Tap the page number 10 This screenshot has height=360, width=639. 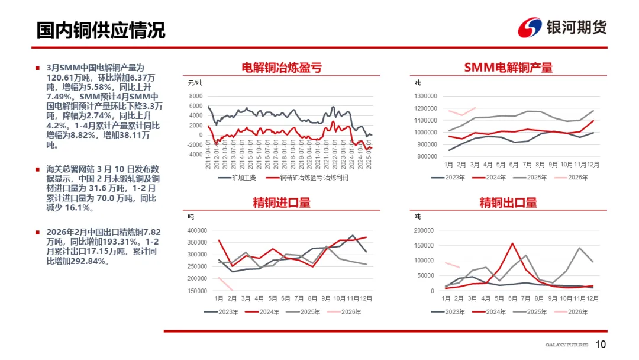click(x=601, y=345)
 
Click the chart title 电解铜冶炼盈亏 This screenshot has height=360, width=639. click(x=282, y=67)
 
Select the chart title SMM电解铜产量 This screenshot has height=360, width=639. click(x=508, y=67)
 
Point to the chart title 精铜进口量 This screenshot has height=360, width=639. click(x=282, y=202)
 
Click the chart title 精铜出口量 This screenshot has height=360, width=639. click(x=508, y=202)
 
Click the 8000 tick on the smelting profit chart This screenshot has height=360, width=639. click(x=196, y=96)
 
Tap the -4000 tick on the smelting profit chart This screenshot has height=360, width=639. click(x=194, y=154)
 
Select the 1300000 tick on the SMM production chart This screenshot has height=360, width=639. click(x=425, y=96)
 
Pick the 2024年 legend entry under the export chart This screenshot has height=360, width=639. click(x=496, y=312)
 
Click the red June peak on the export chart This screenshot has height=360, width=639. click(x=512, y=243)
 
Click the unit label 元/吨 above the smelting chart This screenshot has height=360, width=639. click(x=195, y=82)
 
